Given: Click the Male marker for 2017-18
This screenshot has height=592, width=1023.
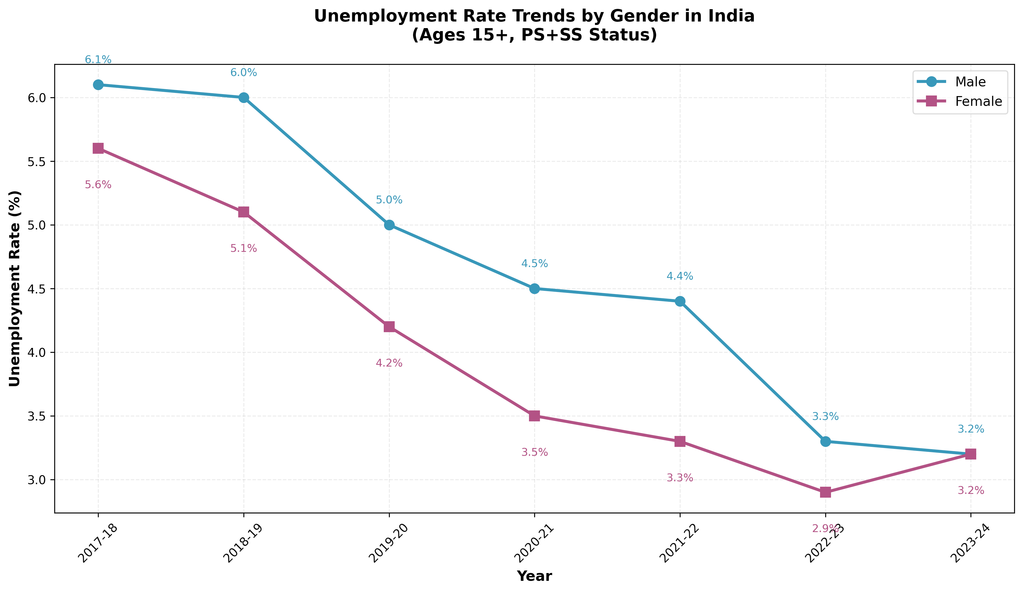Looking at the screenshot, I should click(98, 85).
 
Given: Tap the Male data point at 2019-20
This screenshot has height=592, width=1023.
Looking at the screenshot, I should click(389, 225).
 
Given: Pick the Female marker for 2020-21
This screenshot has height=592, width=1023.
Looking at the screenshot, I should click(534, 416).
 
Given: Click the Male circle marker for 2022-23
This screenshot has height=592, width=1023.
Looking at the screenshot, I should click(825, 441).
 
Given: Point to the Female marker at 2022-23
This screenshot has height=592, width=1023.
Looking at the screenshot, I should click(825, 492).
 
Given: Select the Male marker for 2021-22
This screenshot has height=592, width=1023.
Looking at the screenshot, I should click(680, 301).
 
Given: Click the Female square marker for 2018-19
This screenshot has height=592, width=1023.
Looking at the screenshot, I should click(244, 212).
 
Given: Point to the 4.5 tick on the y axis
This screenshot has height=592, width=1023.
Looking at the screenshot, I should click(38, 289).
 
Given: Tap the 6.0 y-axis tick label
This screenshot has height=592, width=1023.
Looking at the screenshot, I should click(38, 98).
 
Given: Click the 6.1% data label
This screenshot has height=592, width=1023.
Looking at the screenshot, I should click(98, 60).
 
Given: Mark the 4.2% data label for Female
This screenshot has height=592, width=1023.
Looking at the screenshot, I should click(389, 363).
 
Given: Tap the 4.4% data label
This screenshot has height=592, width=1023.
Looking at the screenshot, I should click(680, 276).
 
